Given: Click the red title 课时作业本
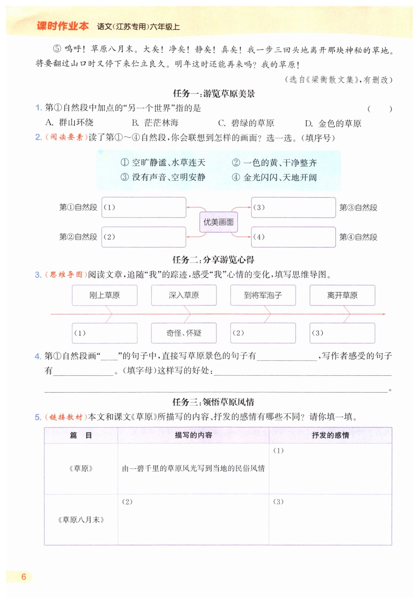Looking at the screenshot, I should point(63,26).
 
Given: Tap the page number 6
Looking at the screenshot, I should point(24,577).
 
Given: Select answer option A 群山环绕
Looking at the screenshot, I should point(70,123).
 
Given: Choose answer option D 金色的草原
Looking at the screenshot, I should point(333,124).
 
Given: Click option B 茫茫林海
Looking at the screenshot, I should point(155,123).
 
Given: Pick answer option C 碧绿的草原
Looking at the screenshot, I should point(246,123).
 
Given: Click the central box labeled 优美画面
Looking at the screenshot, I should point(219,222).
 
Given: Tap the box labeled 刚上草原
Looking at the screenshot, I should point(105,295).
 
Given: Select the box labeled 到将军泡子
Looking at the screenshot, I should point(263,295).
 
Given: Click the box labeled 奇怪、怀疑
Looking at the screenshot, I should point(184,333).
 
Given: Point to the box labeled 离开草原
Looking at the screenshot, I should point(342,295).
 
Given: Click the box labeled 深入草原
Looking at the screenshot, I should point(184,295).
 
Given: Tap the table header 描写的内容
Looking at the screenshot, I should point(193,435).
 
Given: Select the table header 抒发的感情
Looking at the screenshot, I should point(330,435).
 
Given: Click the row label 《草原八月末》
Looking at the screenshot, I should point(81,520).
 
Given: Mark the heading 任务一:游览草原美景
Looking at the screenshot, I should point(214,94).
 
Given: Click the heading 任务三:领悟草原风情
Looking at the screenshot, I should point(213,402).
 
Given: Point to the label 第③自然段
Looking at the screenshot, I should point(358,208).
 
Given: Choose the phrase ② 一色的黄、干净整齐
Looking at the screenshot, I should point(274,163).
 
